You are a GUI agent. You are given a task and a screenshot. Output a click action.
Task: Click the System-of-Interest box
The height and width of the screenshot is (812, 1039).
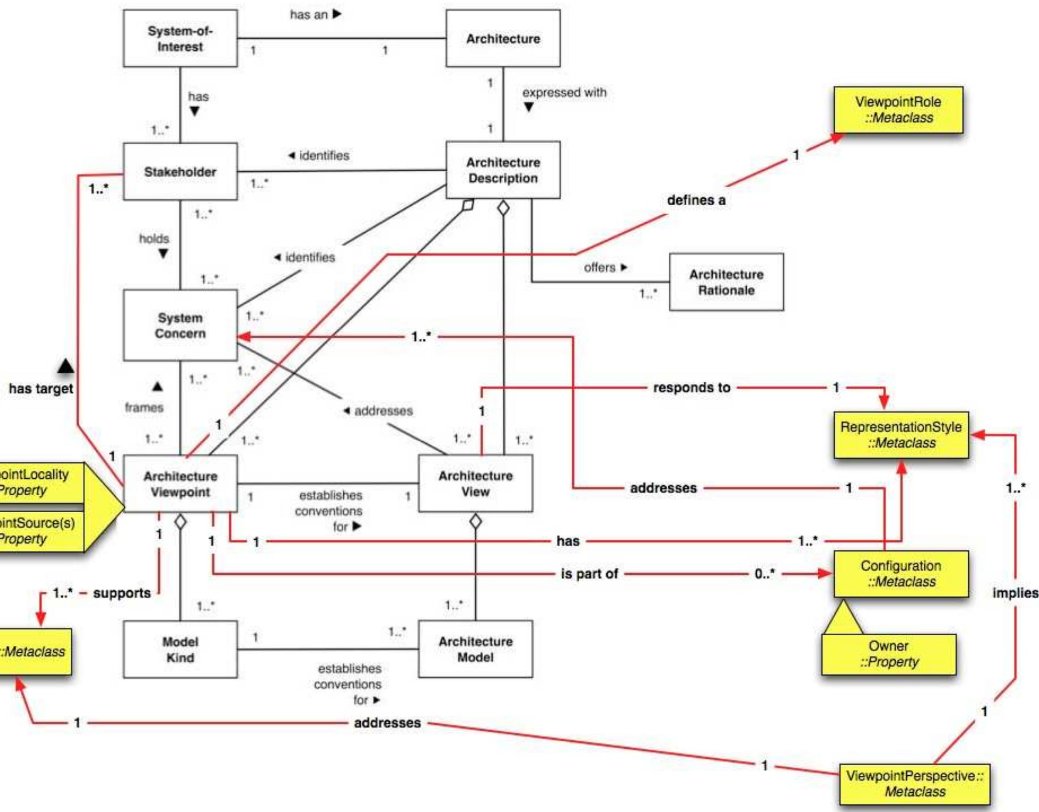180,39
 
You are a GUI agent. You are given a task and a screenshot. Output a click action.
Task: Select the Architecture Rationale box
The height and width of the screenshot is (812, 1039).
726,282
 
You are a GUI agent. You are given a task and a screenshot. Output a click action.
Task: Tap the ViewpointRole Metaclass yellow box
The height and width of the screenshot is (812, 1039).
898,110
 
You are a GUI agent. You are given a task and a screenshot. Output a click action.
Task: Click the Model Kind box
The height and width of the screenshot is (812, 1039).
180,649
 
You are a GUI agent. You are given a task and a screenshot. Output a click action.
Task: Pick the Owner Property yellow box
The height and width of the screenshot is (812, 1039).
888,654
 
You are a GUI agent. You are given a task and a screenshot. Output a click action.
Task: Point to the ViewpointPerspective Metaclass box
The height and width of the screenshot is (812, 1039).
914,784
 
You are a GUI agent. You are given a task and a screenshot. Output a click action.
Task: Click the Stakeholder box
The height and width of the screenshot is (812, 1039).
180,171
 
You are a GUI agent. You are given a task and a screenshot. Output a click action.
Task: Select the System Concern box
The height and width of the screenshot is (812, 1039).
180,325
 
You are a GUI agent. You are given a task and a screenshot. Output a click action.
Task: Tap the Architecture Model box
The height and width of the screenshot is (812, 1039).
475,649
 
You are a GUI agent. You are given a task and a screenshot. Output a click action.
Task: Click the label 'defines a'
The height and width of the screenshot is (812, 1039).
696,201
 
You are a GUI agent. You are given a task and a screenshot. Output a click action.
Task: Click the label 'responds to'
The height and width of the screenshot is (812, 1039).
691,387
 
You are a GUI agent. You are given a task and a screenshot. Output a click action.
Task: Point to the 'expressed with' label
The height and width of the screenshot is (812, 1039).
564,92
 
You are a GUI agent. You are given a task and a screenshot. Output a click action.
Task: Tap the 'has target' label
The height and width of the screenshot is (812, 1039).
41,388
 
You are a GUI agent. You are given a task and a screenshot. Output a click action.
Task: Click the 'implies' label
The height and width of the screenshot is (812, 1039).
1015,593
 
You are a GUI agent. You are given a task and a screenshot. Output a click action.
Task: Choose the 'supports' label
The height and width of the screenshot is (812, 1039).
122,593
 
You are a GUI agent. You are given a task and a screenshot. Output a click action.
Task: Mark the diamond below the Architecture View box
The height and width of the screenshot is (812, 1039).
475,521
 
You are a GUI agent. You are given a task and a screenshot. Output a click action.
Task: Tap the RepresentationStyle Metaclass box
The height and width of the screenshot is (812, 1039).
900,435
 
